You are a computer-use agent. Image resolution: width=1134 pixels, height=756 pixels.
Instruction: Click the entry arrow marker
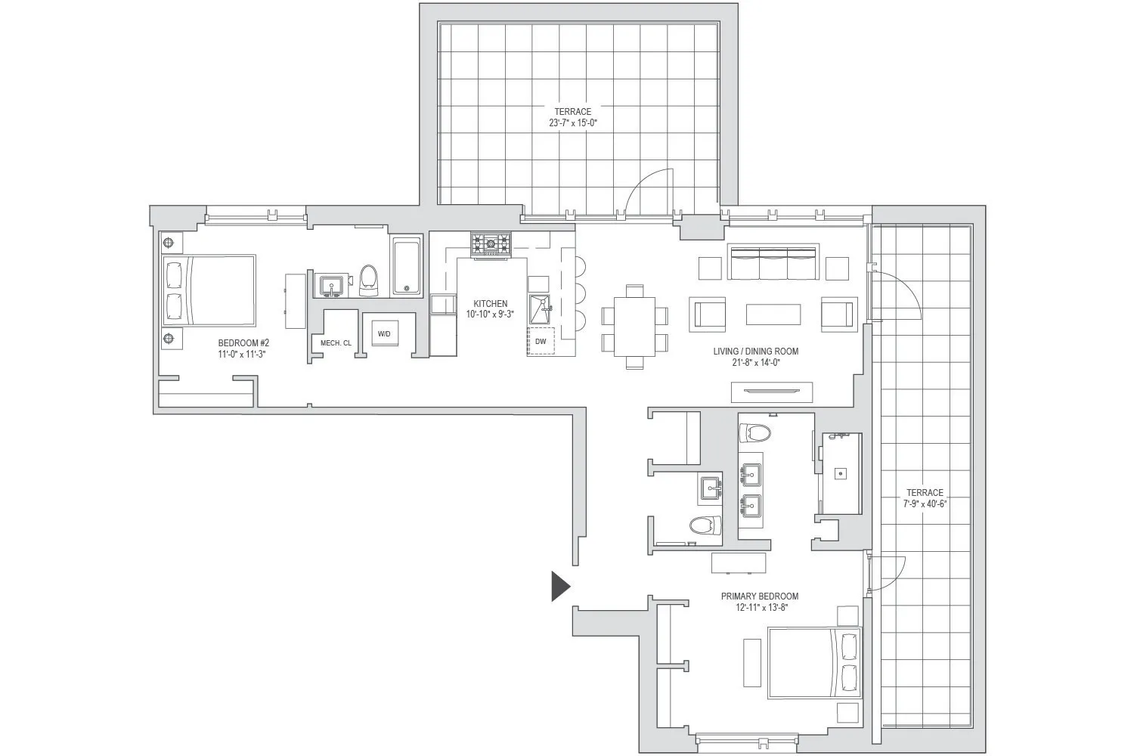559,586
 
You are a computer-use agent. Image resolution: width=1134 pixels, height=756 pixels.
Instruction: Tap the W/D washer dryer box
384,333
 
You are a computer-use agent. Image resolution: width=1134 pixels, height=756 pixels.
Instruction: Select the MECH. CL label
336,343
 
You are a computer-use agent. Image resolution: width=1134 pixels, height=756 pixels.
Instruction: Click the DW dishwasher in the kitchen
541,341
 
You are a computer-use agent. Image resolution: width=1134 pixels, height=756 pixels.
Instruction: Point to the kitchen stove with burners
491,243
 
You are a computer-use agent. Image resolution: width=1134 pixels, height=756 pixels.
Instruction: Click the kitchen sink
541,308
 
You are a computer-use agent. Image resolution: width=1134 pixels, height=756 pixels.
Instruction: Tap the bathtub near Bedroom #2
407,267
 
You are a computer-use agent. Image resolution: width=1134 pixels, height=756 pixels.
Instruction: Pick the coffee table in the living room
773,314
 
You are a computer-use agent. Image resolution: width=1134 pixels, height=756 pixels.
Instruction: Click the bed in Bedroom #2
209,291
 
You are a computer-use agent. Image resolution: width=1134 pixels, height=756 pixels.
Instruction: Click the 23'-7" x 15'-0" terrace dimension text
573,122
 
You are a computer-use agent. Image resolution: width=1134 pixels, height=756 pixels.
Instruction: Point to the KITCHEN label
491,304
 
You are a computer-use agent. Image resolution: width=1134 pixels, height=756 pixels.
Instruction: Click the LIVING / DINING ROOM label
755,352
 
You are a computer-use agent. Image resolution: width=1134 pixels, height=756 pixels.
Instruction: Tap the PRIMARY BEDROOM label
759,596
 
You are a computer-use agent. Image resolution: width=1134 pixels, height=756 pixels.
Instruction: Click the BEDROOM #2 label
243,343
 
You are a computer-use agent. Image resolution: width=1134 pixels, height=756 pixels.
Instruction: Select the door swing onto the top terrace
646,193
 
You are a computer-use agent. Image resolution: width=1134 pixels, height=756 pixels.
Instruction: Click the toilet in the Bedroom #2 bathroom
369,277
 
